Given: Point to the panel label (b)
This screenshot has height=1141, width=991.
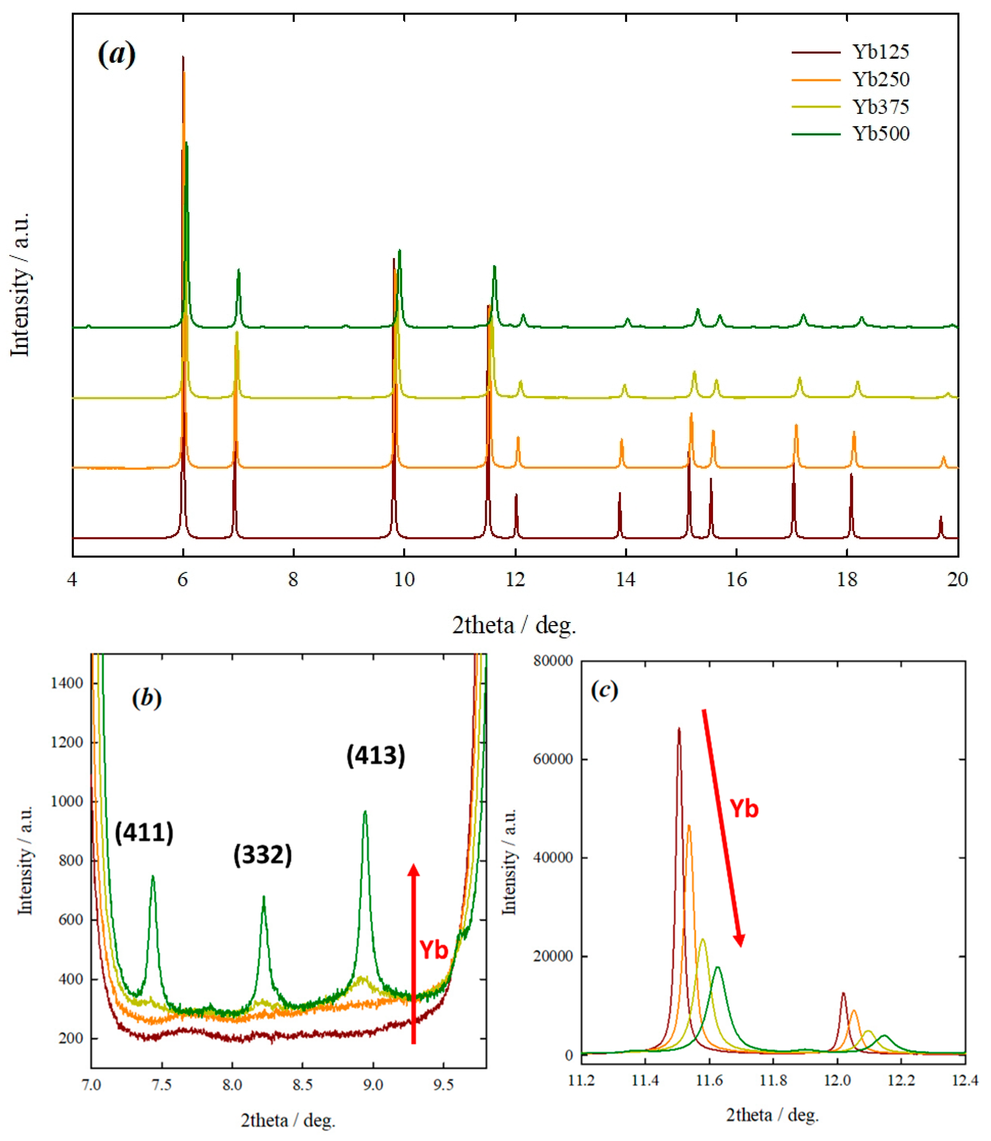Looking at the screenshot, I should point(147,698).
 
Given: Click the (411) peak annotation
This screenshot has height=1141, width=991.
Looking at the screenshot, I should point(144,832).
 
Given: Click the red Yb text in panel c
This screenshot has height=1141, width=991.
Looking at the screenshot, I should point(744,809).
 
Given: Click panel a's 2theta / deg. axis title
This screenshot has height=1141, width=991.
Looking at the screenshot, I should point(514,625).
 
